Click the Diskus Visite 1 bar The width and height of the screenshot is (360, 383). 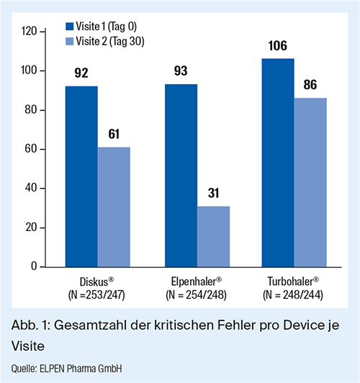point(81,176)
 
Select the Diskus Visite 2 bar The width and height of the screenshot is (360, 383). point(114,207)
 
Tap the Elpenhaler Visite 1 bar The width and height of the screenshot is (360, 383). point(181,176)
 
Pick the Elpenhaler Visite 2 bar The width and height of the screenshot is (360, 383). point(213,236)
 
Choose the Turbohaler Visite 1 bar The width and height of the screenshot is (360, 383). point(278,163)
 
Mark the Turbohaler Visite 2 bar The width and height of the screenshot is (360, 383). point(310,182)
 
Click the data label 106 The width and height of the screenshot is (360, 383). point(278,46)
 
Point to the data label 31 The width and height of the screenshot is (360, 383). point(213,193)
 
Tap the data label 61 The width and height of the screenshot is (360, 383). point(114,134)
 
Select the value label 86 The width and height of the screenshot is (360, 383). point(310,85)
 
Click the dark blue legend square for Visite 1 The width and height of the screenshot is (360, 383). point(70,27)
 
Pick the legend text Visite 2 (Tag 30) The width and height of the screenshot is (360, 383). point(110,41)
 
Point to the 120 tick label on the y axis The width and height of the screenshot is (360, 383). point(29,31)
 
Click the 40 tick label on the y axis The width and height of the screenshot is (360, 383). point(31,188)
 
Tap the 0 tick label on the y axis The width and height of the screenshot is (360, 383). point(34,266)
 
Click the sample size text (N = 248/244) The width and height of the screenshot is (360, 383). point(293,295)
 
